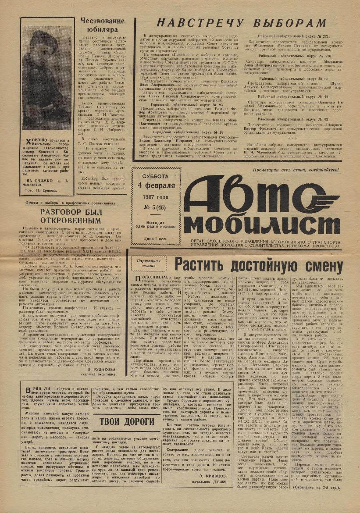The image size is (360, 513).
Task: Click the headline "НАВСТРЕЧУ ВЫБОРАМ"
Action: (x=241, y=24)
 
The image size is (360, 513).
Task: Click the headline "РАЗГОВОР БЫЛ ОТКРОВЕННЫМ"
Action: (x=71, y=216)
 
